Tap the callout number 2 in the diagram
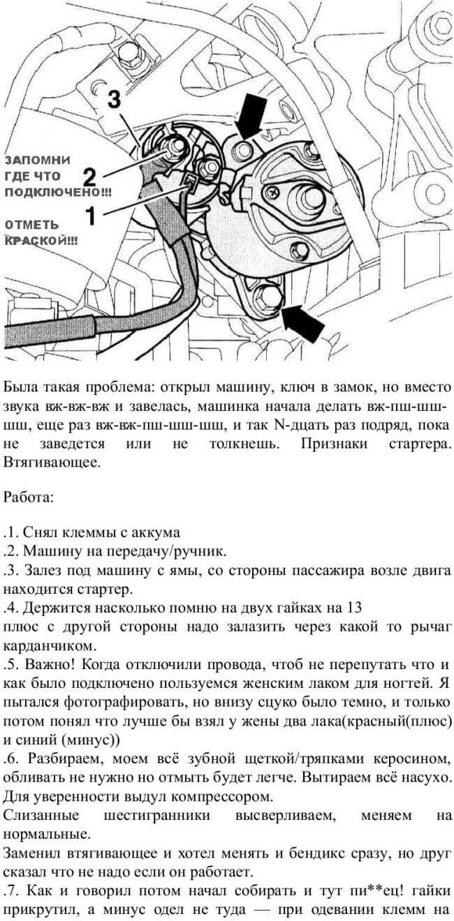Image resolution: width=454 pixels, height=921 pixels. coord(89,175)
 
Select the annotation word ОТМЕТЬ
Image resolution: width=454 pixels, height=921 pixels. coord(33,225)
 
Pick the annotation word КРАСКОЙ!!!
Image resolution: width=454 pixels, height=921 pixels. coord(41,240)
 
